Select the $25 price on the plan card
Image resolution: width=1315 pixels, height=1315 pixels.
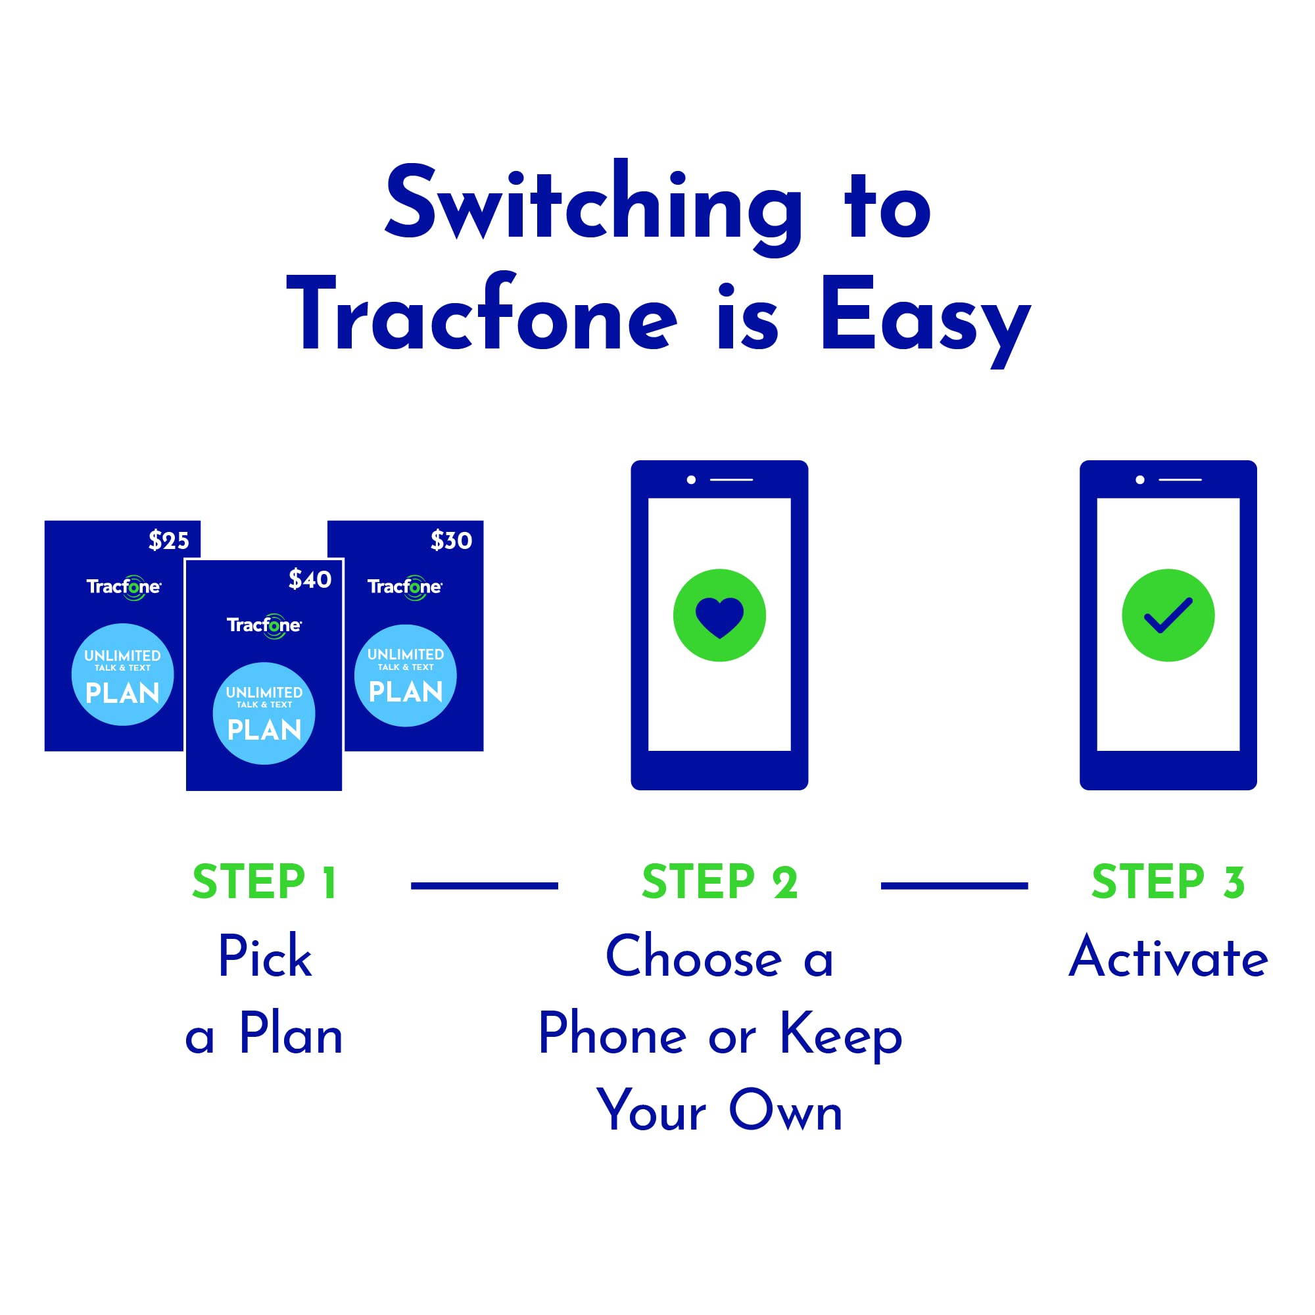(169, 540)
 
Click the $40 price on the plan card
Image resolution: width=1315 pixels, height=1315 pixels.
(310, 579)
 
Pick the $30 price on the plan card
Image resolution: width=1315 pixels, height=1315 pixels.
(450, 540)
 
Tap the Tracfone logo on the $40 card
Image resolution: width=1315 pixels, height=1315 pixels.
(264, 625)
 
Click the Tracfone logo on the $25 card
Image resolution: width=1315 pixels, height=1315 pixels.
(124, 586)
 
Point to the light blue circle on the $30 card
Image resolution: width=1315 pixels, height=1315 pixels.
(406, 675)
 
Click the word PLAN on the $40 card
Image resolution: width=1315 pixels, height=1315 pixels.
(264, 730)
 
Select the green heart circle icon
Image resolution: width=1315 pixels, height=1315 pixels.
(719, 615)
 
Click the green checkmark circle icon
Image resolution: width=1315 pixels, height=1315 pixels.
(1168, 615)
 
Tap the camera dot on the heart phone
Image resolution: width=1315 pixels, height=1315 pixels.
(691, 480)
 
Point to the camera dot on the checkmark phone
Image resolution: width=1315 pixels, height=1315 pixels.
(1140, 480)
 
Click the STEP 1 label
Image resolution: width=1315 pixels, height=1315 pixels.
(264, 883)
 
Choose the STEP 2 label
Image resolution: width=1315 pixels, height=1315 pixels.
(719, 883)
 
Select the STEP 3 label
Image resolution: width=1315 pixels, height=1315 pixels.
(1168, 883)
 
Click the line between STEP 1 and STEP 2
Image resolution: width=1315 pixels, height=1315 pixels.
(485, 886)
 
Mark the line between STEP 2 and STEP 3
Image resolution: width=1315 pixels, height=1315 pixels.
(954, 886)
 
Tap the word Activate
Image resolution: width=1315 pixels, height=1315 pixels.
(1168, 959)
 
